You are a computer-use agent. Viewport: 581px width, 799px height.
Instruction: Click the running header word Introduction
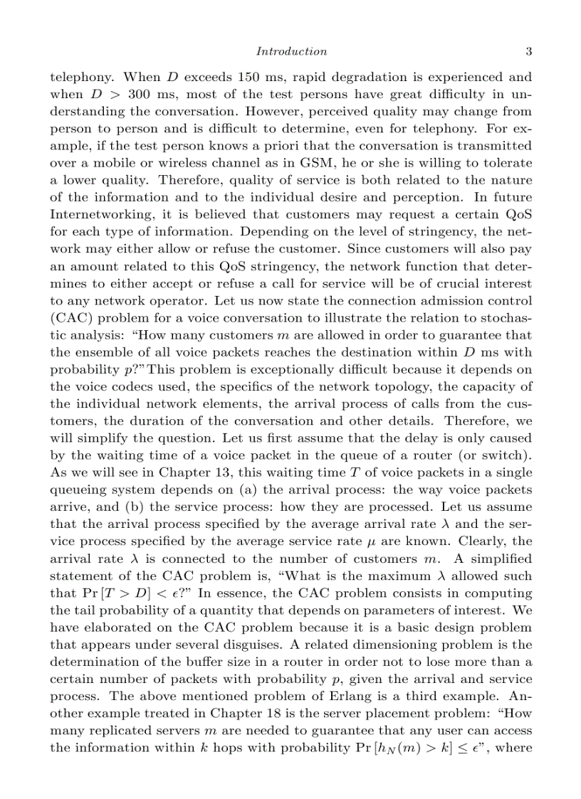tap(291, 51)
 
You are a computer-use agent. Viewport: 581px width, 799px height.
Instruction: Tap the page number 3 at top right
tap(528, 51)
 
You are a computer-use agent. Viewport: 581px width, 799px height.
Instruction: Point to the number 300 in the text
tap(142, 94)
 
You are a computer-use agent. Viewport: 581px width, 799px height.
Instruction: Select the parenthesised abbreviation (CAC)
tap(70, 317)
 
